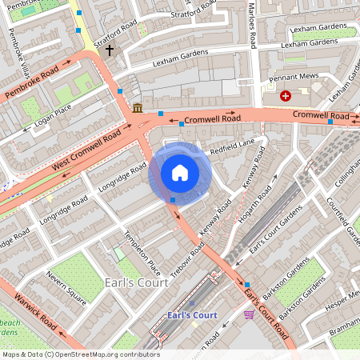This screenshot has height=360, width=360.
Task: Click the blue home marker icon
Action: pyautogui.click(x=180, y=173)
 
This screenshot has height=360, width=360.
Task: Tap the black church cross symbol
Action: pyautogui.click(x=109, y=50)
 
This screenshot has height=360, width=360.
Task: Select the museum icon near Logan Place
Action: pyautogui.click(x=138, y=108)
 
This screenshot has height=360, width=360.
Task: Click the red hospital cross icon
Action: pyautogui.click(x=286, y=96)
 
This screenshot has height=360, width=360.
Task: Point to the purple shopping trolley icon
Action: pyautogui.click(x=249, y=314)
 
